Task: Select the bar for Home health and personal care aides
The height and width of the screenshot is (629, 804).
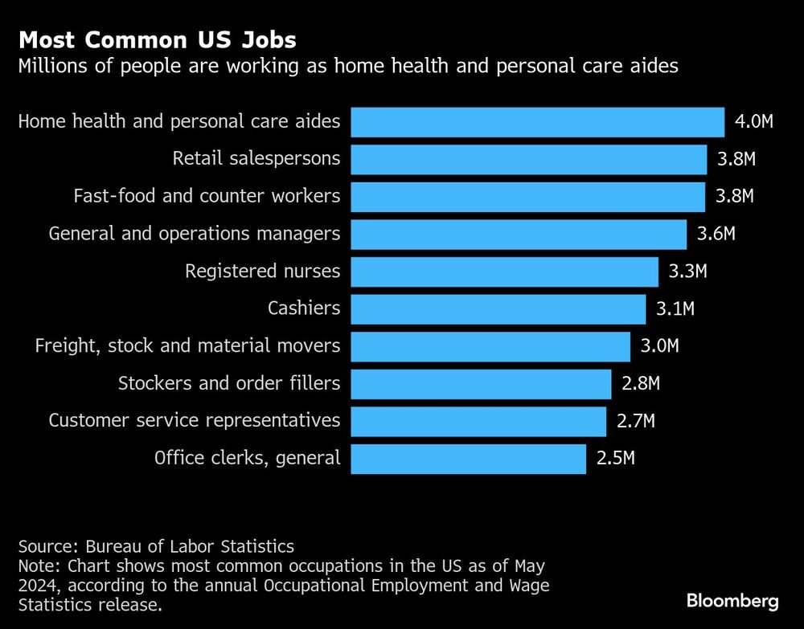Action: [x=538, y=122]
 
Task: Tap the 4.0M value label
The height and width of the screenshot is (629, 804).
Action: [x=753, y=122]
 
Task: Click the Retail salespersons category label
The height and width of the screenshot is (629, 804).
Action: [x=256, y=159]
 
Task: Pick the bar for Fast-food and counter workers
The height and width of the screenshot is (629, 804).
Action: [x=528, y=197]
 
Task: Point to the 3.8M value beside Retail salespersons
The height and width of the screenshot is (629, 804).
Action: [x=736, y=159]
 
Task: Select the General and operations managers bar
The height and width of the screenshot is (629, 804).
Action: [x=519, y=234]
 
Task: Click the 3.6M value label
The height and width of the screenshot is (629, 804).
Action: [x=716, y=234]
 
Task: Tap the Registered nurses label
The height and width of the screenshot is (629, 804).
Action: [x=262, y=272]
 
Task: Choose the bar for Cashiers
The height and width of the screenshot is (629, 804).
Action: [x=498, y=308]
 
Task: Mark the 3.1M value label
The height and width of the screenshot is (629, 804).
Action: [x=675, y=308]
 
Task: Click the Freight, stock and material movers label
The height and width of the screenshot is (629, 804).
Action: [x=187, y=346]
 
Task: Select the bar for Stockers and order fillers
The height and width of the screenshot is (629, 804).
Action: [x=481, y=384]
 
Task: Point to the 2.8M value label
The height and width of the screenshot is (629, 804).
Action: [x=641, y=384]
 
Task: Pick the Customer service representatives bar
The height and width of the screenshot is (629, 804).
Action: [x=478, y=421]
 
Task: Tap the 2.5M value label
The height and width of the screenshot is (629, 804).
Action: [x=615, y=459]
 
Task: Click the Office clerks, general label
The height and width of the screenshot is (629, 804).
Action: [x=247, y=459]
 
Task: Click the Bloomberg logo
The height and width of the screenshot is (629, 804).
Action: [x=732, y=601]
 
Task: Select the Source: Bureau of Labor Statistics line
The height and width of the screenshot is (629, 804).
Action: [x=156, y=547]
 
